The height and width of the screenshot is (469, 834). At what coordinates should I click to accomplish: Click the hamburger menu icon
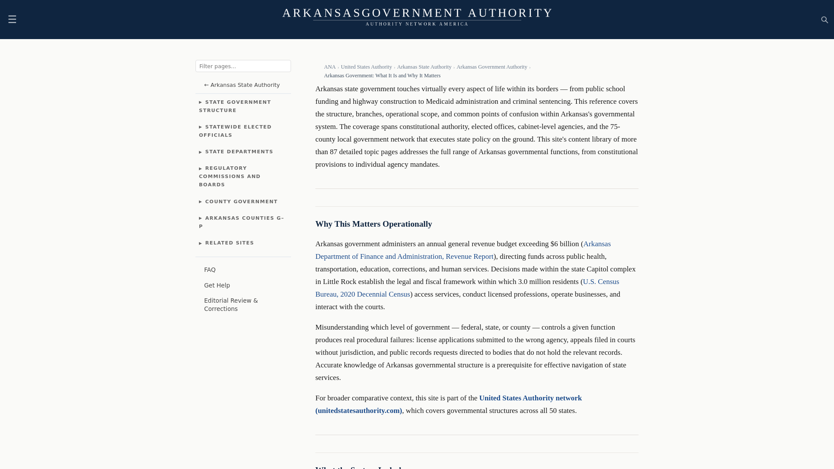coord(12,19)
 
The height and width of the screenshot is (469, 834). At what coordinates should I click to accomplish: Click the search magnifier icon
coord(824,20)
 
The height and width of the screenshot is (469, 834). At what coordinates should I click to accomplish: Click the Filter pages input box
coord(243,66)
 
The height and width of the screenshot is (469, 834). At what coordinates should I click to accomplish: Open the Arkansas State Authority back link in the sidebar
coord(242,85)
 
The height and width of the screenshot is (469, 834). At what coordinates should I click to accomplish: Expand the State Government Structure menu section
coord(235,106)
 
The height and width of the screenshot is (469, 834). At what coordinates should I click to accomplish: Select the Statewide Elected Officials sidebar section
coord(235,131)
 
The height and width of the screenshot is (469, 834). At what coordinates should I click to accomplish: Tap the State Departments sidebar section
coord(238,152)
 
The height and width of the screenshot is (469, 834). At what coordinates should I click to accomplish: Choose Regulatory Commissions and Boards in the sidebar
coord(229,176)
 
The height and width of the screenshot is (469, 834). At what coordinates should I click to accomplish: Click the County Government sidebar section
coord(241,201)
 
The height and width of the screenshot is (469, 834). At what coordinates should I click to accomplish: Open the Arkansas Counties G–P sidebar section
coord(241,222)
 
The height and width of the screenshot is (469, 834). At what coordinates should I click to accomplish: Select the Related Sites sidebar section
coord(229,243)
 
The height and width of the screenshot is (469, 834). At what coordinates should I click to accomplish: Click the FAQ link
coord(210,270)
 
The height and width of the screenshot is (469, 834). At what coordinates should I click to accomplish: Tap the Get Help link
coord(217,285)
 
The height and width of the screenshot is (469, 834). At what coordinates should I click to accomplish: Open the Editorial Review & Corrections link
coord(231,304)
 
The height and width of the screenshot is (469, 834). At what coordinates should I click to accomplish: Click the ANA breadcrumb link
coord(330,67)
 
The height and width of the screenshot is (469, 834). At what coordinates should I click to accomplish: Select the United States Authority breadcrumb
coord(366,67)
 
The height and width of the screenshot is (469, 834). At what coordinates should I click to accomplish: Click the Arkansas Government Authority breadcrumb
coord(492,67)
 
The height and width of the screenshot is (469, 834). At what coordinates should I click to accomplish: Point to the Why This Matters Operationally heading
coord(374,224)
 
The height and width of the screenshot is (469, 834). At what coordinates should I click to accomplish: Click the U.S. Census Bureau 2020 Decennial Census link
coord(362,294)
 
